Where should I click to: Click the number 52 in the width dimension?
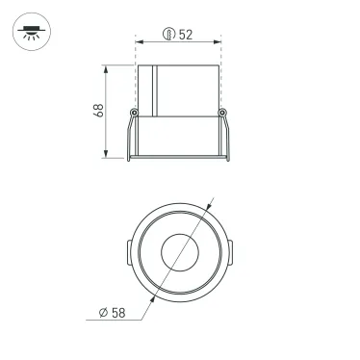pyautogui.click(x=186, y=35)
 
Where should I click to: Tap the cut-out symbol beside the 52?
pyautogui.click(x=168, y=35)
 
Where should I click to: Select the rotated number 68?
pyautogui.click(x=99, y=111)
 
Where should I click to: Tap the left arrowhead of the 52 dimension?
pyautogui.click(x=139, y=41)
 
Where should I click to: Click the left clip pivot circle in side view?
pyautogui.click(x=133, y=114)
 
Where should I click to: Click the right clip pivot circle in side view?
pyautogui.click(x=223, y=114)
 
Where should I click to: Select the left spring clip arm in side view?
pyautogui.click(x=128, y=135)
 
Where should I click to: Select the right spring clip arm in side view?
pyautogui.click(x=228, y=135)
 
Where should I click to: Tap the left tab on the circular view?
pyautogui.click(x=127, y=254)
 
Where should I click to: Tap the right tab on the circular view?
pyautogui.click(x=230, y=254)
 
